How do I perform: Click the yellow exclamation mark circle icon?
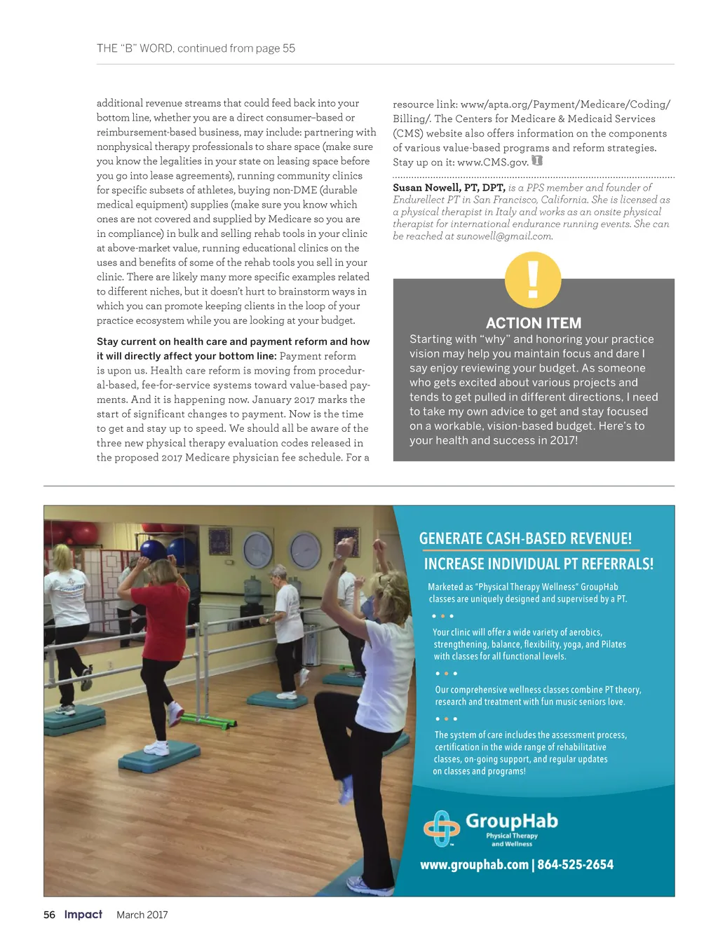[533, 280]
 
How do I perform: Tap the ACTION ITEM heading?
[534, 323]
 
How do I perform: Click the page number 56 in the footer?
[49, 915]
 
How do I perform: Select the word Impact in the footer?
[83, 914]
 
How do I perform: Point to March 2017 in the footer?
[142, 915]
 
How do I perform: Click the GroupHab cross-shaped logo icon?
[441, 828]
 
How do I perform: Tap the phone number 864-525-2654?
[575, 865]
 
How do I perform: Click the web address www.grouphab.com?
[474, 865]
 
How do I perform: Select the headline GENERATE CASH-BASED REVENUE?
[525, 538]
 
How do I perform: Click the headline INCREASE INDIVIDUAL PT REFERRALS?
[538, 564]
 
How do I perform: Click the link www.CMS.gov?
[492, 163]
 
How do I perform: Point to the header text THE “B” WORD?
[135, 48]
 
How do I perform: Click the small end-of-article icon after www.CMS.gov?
[537, 161]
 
